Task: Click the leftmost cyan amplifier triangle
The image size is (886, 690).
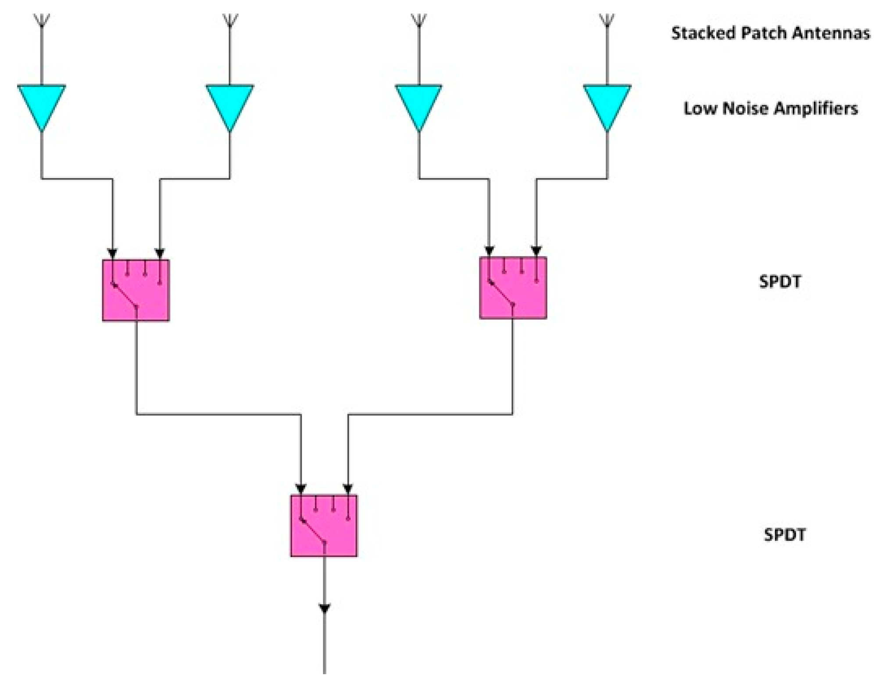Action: tap(41, 103)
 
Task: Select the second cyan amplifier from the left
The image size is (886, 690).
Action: tap(229, 103)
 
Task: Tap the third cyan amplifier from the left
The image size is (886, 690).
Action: tap(418, 103)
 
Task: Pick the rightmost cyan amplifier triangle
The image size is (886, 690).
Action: tap(607, 103)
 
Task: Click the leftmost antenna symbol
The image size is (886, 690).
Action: tap(42, 20)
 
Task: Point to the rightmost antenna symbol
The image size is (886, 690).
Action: tap(607, 20)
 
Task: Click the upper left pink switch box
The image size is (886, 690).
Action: tap(136, 290)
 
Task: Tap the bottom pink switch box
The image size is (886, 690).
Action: tap(324, 525)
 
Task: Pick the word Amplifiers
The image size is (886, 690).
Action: tap(815, 108)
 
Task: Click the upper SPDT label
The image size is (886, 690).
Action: tap(779, 281)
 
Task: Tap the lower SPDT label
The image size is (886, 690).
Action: tap(784, 535)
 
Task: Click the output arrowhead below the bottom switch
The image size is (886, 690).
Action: tap(324, 608)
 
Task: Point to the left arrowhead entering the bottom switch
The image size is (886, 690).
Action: tap(300, 489)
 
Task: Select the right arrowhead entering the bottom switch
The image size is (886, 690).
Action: tap(347, 489)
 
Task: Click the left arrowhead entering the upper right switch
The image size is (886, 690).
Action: tap(489, 251)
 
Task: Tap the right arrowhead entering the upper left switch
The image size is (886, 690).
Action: tap(160, 253)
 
